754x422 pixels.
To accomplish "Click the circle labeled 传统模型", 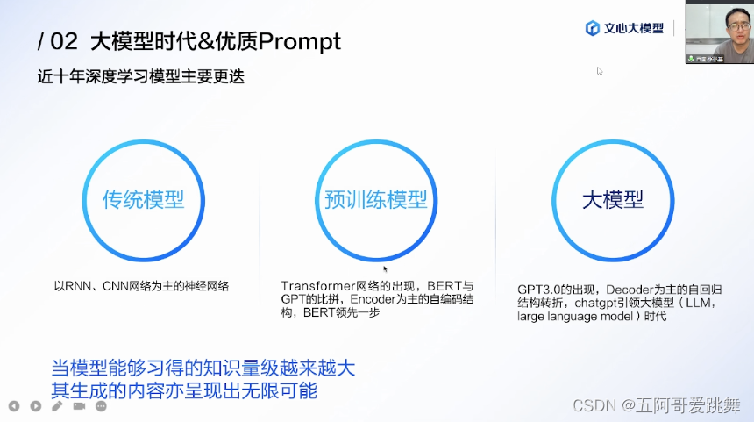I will click(144, 199).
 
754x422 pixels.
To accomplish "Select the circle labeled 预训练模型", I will click(375, 199).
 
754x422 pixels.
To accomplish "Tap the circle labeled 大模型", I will click(613, 199).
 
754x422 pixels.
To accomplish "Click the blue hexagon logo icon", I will click(593, 29).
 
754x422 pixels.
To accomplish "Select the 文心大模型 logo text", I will click(634, 29).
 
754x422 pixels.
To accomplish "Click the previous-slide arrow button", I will click(14, 406).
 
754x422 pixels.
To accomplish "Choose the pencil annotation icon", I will click(57, 406).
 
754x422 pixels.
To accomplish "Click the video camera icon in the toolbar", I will click(79, 406).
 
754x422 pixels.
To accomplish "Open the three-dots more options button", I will click(100, 406).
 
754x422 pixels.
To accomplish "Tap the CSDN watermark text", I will click(590, 405).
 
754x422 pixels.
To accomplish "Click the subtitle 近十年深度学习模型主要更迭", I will click(140, 76).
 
